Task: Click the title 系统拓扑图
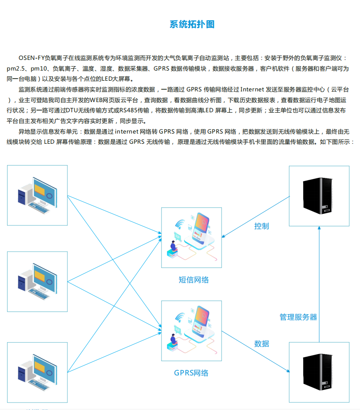click(192, 24)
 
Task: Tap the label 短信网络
click(194, 280)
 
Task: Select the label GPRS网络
click(191, 373)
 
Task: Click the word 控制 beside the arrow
click(261, 226)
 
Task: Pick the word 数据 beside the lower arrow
click(261, 343)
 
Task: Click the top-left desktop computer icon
click(37, 195)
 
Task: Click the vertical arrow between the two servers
click(319, 284)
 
